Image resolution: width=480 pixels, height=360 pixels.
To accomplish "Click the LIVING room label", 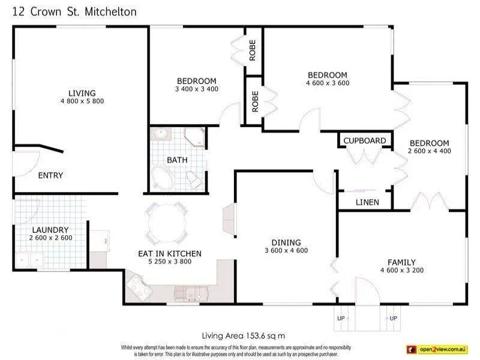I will (x=82, y=93).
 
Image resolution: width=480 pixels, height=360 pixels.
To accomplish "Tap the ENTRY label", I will (x=50, y=176).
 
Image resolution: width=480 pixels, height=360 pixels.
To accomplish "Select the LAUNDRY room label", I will (x=50, y=230).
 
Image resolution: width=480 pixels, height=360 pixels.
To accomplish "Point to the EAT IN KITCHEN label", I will (x=170, y=254).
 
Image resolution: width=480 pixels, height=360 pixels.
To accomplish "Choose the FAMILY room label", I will (x=401, y=262).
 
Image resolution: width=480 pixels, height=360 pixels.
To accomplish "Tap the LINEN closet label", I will (x=367, y=202).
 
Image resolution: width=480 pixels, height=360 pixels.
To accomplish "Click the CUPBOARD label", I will (x=365, y=141).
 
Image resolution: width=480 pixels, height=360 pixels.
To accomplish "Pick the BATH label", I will (x=177, y=160).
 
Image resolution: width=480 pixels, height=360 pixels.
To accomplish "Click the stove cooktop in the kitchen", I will (x=140, y=287).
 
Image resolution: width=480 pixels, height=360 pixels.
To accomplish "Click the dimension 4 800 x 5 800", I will (x=82, y=101).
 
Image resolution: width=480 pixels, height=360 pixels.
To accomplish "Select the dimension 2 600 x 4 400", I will (x=429, y=151).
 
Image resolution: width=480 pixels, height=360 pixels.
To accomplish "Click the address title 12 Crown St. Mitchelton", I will (x=74, y=11).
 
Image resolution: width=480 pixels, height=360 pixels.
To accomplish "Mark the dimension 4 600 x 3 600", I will (x=328, y=83).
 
